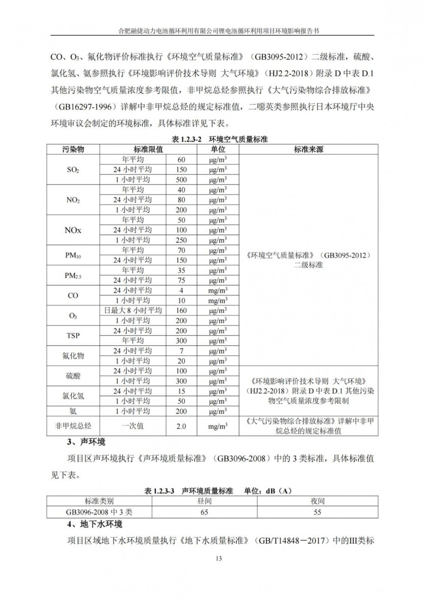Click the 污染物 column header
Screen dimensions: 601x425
click(73, 149)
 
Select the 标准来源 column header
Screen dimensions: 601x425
click(308, 149)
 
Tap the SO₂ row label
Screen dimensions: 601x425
click(73, 170)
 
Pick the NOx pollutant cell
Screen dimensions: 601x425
click(73, 230)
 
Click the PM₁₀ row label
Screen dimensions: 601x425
click(73, 255)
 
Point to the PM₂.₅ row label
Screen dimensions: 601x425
click(73, 275)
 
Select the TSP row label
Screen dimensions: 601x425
click(73, 335)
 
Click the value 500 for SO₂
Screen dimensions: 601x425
click(181, 180)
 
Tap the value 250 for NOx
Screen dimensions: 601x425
click(181, 240)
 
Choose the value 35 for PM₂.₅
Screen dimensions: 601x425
click(181, 270)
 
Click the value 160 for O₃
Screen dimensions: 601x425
click(181, 311)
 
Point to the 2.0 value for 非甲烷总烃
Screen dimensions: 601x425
click(181, 426)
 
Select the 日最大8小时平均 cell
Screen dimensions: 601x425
click(133, 311)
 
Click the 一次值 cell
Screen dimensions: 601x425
click(133, 426)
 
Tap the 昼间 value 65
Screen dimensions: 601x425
click(204, 512)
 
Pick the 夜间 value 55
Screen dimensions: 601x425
click(317, 512)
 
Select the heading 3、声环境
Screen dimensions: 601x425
click(86, 442)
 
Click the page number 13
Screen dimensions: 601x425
click(219, 558)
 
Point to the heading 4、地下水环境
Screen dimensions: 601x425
click(95, 524)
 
